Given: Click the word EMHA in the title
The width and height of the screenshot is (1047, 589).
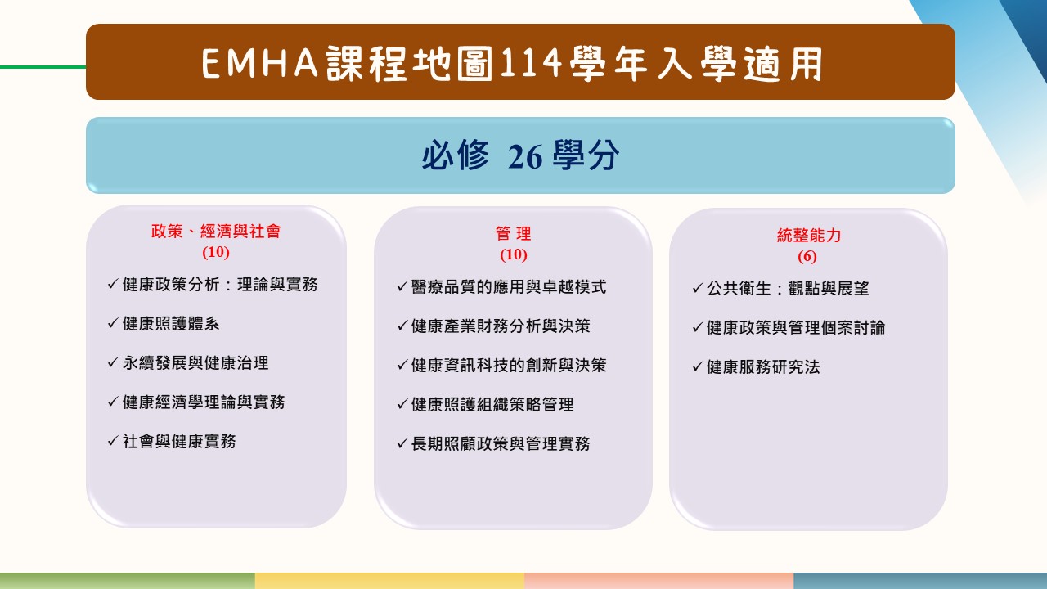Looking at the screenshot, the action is click(x=260, y=63).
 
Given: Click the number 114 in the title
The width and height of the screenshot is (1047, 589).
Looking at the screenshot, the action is click(x=531, y=63).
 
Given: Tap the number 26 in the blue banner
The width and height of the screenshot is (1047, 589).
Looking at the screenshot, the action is click(x=525, y=156).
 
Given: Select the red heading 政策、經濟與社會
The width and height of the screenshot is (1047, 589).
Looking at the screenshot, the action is click(x=216, y=232).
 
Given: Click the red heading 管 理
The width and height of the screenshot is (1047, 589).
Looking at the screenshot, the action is click(x=513, y=233).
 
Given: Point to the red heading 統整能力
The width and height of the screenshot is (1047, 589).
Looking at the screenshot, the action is click(x=809, y=235).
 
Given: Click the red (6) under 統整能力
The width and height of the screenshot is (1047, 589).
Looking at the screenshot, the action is click(x=807, y=256).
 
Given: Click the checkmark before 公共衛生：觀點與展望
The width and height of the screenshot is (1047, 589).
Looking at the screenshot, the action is click(x=698, y=288).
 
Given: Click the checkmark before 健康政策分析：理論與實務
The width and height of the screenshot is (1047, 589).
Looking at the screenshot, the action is click(x=113, y=283).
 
